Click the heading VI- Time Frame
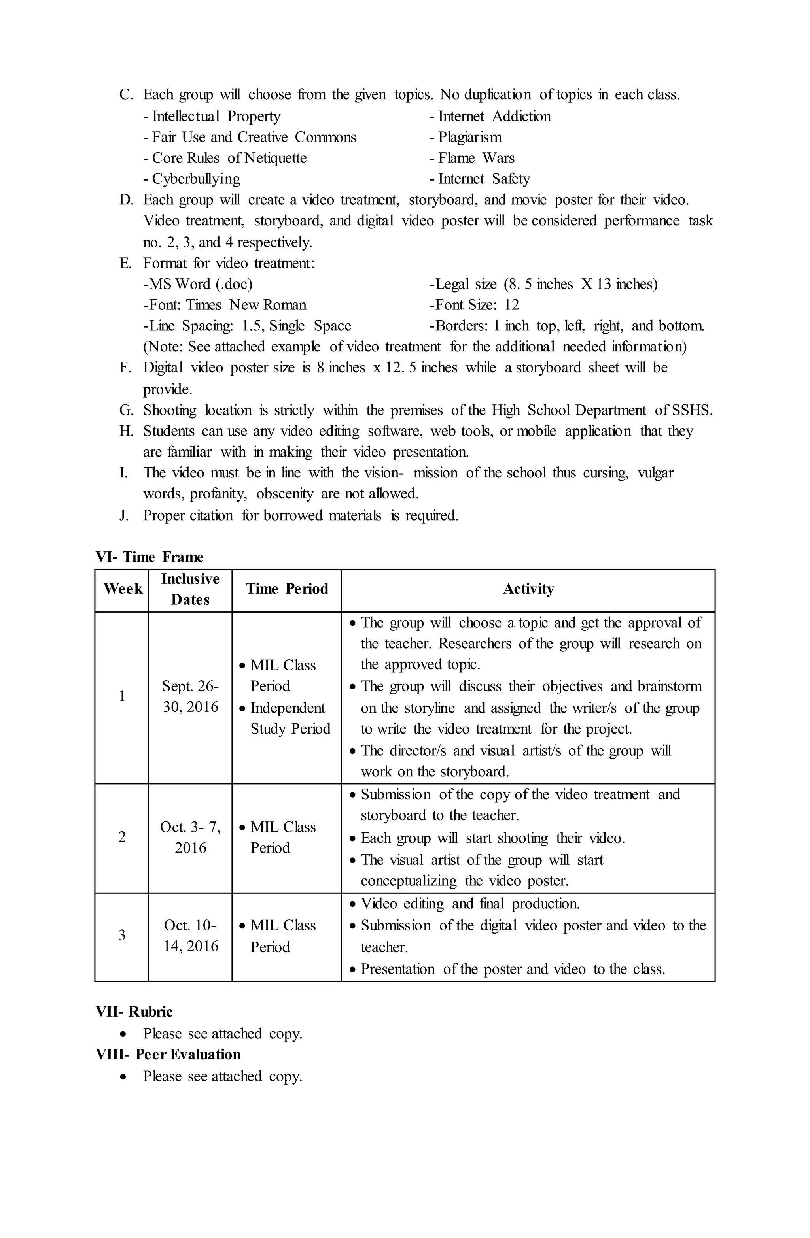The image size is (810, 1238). click(x=150, y=557)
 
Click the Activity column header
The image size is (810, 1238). click(x=528, y=589)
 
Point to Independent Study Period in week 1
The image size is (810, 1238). click(x=290, y=718)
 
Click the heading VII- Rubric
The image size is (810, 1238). click(x=134, y=1012)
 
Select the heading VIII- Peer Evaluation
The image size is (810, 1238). click(x=168, y=1054)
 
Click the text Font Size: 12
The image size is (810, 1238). click(x=474, y=305)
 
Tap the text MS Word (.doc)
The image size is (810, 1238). click(x=198, y=284)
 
